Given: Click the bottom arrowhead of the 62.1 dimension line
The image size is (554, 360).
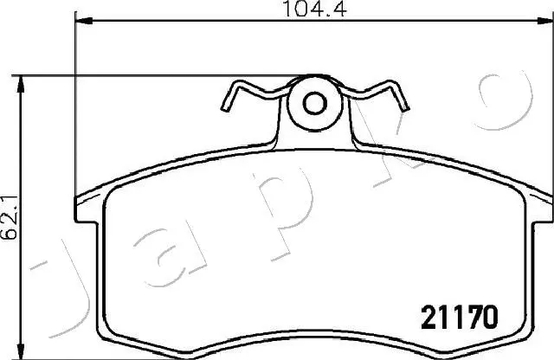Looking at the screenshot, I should click(x=22, y=353).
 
